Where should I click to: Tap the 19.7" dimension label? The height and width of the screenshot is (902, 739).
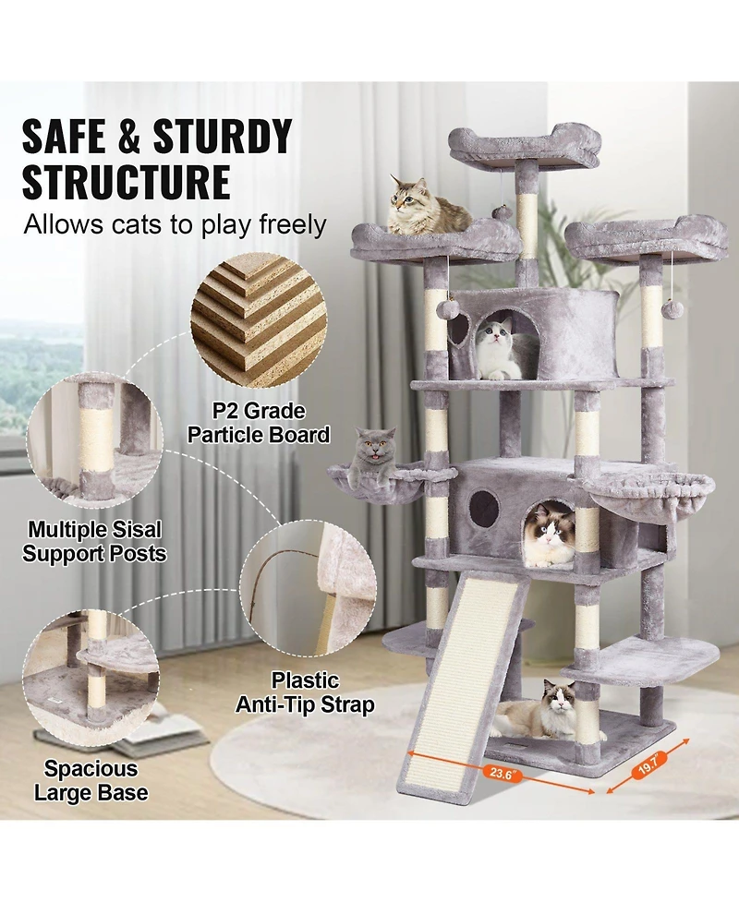click(x=647, y=763)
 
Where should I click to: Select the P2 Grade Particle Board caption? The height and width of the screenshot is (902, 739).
click(x=259, y=422)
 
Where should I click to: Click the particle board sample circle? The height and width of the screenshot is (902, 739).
click(x=259, y=319)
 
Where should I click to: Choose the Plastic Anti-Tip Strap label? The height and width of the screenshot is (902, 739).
click(x=305, y=692)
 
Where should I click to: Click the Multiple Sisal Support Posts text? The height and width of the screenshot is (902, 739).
click(x=94, y=542)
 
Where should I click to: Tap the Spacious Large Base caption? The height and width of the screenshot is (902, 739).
click(x=91, y=780)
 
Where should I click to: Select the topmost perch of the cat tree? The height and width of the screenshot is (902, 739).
click(x=524, y=146)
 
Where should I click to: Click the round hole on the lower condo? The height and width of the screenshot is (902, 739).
click(x=484, y=509)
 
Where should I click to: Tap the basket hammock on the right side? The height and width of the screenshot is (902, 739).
click(x=656, y=499)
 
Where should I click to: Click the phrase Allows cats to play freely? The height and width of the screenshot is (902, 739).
click(x=175, y=223)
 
